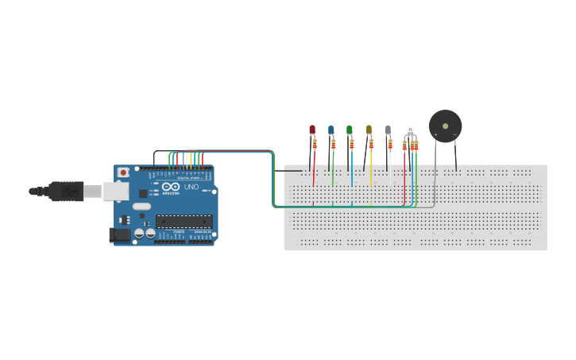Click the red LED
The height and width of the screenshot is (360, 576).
pyautogui.click(x=312, y=129)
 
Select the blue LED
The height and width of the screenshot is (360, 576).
pyautogui.click(x=331, y=129)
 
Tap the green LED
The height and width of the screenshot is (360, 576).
pyautogui.click(x=349, y=129)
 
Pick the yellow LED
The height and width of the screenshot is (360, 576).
pyautogui.click(x=369, y=129)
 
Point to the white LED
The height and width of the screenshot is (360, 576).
pyautogui.click(x=388, y=129)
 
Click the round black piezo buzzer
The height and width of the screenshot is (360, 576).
pyautogui.click(x=445, y=126)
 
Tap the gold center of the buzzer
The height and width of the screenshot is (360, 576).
pyautogui.click(x=445, y=126)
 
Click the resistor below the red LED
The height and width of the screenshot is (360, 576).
pyautogui.click(x=315, y=145)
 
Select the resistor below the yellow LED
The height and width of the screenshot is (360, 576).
pyautogui.click(x=371, y=144)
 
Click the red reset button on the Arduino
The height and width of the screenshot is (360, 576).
pyautogui.click(x=123, y=172)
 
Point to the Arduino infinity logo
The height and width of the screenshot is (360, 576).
pyautogui.click(x=169, y=188)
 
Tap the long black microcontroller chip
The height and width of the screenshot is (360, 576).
pyautogui.click(x=184, y=221)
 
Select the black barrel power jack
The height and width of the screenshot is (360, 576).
pyautogui.click(x=119, y=235)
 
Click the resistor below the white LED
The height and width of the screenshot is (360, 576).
pyautogui.click(x=390, y=144)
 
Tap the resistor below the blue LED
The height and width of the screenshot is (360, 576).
pyautogui.click(x=333, y=144)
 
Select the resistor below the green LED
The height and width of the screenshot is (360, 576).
pyautogui.click(x=351, y=144)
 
